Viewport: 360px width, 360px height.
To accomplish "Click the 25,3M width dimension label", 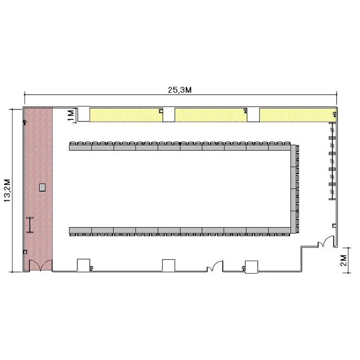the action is pos(180,90).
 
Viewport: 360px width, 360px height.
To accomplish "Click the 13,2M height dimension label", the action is pos(7,191).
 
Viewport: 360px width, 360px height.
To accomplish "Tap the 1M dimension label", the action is pos(71,115).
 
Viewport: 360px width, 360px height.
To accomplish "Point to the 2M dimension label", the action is pos(344,260).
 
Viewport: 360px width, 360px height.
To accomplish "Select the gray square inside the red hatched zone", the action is pos(42,187).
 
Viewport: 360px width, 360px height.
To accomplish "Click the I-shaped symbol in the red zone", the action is pos(30,225).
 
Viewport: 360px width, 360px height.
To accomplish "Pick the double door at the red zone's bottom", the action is pos(40,265).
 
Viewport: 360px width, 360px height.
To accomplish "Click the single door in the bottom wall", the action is pos(215,266).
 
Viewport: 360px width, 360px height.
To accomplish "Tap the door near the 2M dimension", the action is pos(326,241).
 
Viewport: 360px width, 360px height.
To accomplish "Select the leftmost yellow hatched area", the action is pos(126,115).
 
